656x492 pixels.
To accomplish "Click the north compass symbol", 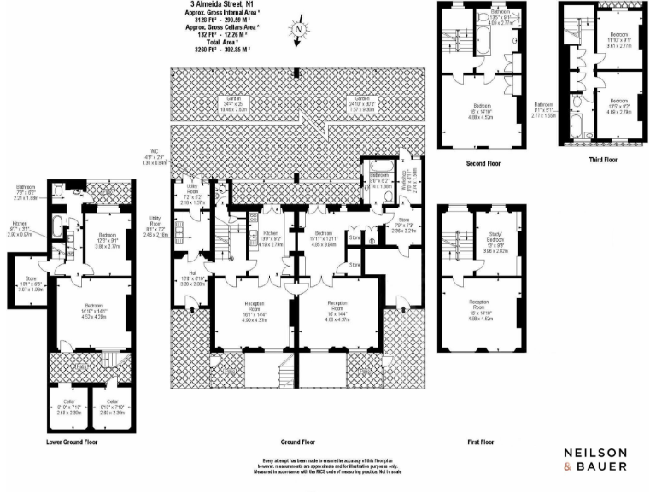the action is coord(299,28).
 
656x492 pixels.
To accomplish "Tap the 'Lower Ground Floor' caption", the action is coord(73,442).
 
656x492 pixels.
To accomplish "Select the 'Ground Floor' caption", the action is coord(296,442).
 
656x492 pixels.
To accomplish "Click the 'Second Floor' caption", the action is coord(483,162).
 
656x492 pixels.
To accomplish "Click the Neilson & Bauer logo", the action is coord(595,458).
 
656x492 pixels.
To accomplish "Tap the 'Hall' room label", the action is coord(192,274).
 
